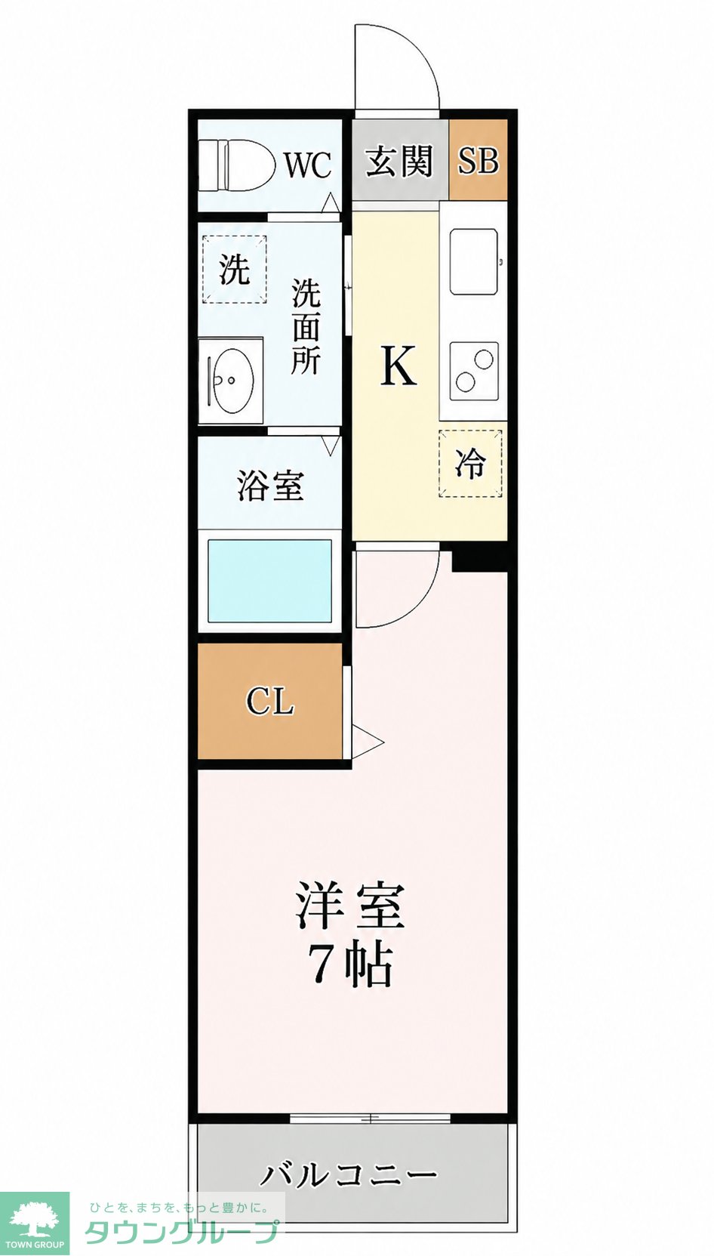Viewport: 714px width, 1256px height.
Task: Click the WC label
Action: pyautogui.click(x=308, y=165)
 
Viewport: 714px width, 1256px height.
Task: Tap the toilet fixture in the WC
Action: pyautogui.click(x=237, y=164)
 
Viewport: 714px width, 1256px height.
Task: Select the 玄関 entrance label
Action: pyautogui.click(x=399, y=162)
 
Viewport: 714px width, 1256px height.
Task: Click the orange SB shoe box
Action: pyautogui.click(x=478, y=160)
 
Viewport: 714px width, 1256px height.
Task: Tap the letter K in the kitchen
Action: pyautogui.click(x=399, y=364)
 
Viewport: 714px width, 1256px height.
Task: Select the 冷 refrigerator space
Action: pyautogui.click(x=470, y=464)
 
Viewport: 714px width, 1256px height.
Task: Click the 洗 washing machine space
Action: pyautogui.click(x=234, y=269)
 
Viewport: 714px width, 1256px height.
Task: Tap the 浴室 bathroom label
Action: pyautogui.click(x=270, y=486)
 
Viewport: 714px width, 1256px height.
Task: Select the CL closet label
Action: pyautogui.click(x=270, y=701)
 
